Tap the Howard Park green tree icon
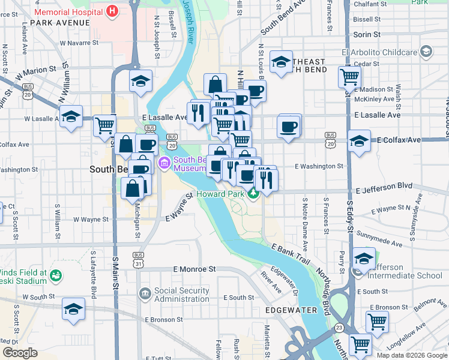(x=254, y=193)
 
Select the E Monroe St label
(x=193, y=270)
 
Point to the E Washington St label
(x=318, y=166)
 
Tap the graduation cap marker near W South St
(x=73, y=308)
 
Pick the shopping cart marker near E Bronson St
(x=377, y=321)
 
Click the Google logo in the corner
(x=20, y=353)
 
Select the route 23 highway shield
(x=340, y=328)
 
